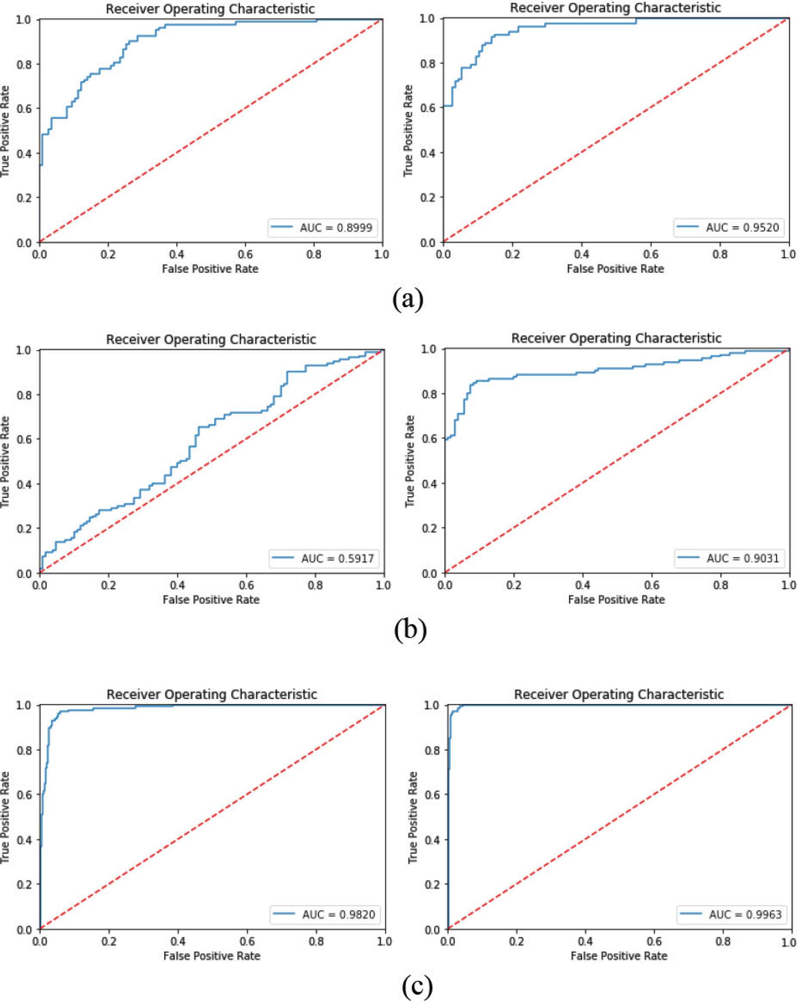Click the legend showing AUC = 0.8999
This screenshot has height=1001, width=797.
coord(322,227)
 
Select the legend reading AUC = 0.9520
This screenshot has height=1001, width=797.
coord(729,227)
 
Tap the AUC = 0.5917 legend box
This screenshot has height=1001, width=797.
coord(324,558)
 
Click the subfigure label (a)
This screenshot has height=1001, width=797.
coord(408,300)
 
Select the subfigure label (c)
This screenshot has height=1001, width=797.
coord(417,986)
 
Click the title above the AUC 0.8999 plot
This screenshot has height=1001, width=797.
coord(210,9)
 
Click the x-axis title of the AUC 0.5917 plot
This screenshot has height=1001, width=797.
coord(211,600)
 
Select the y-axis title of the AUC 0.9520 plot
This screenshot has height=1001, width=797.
coord(408,130)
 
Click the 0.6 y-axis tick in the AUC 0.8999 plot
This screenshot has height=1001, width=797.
coord(24,109)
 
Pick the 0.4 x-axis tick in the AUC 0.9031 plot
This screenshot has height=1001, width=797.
coord(583,585)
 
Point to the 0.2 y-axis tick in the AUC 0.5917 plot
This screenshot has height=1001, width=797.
coord(24,529)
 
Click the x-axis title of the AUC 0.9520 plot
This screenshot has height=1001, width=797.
coord(615,268)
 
